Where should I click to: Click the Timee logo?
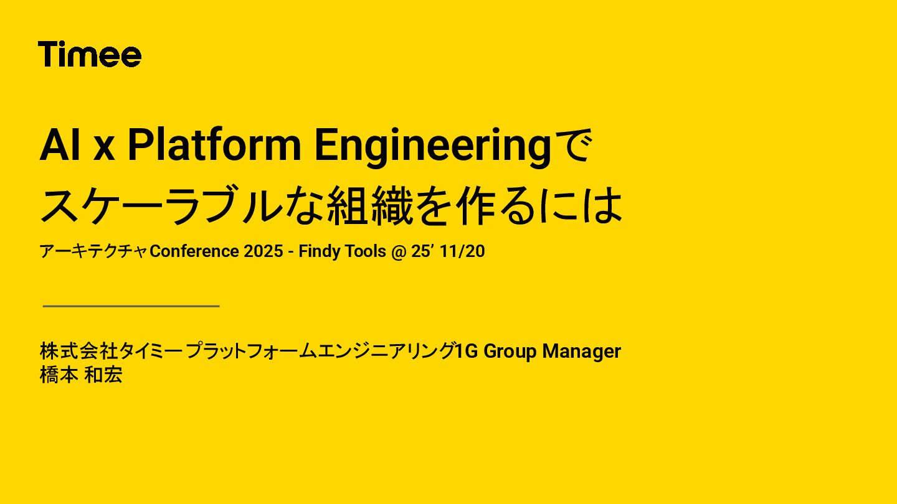(90, 55)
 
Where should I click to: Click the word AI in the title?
(60, 146)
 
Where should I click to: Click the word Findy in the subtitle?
(319, 252)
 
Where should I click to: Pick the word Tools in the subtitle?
(364, 252)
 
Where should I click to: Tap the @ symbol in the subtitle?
(399, 252)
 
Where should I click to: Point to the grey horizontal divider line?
(131, 306)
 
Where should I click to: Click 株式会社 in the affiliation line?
(78, 352)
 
